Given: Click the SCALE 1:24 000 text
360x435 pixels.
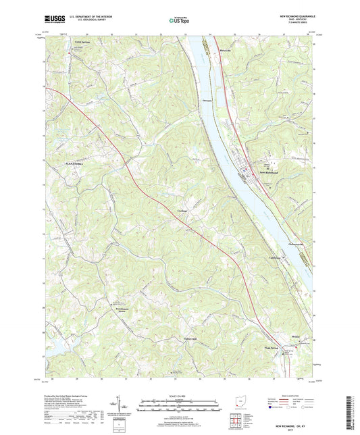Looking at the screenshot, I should [178, 396].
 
